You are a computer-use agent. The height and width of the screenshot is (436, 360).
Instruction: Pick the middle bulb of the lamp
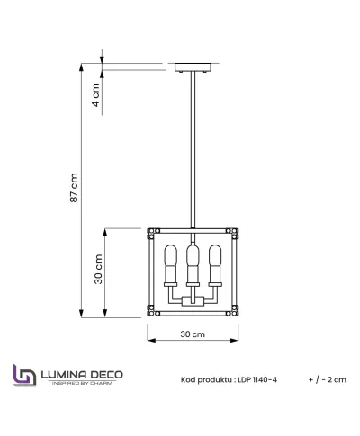pyautogui.click(x=192, y=262)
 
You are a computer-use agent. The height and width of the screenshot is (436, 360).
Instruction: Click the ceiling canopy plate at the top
pyautogui.click(x=193, y=67)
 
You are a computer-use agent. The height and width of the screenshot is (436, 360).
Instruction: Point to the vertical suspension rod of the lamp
pyautogui.click(x=193, y=153)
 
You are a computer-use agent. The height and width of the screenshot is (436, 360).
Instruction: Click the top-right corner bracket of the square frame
pyautogui.click(x=236, y=230)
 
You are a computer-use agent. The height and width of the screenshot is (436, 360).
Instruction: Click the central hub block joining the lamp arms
pyautogui.click(x=192, y=300)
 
